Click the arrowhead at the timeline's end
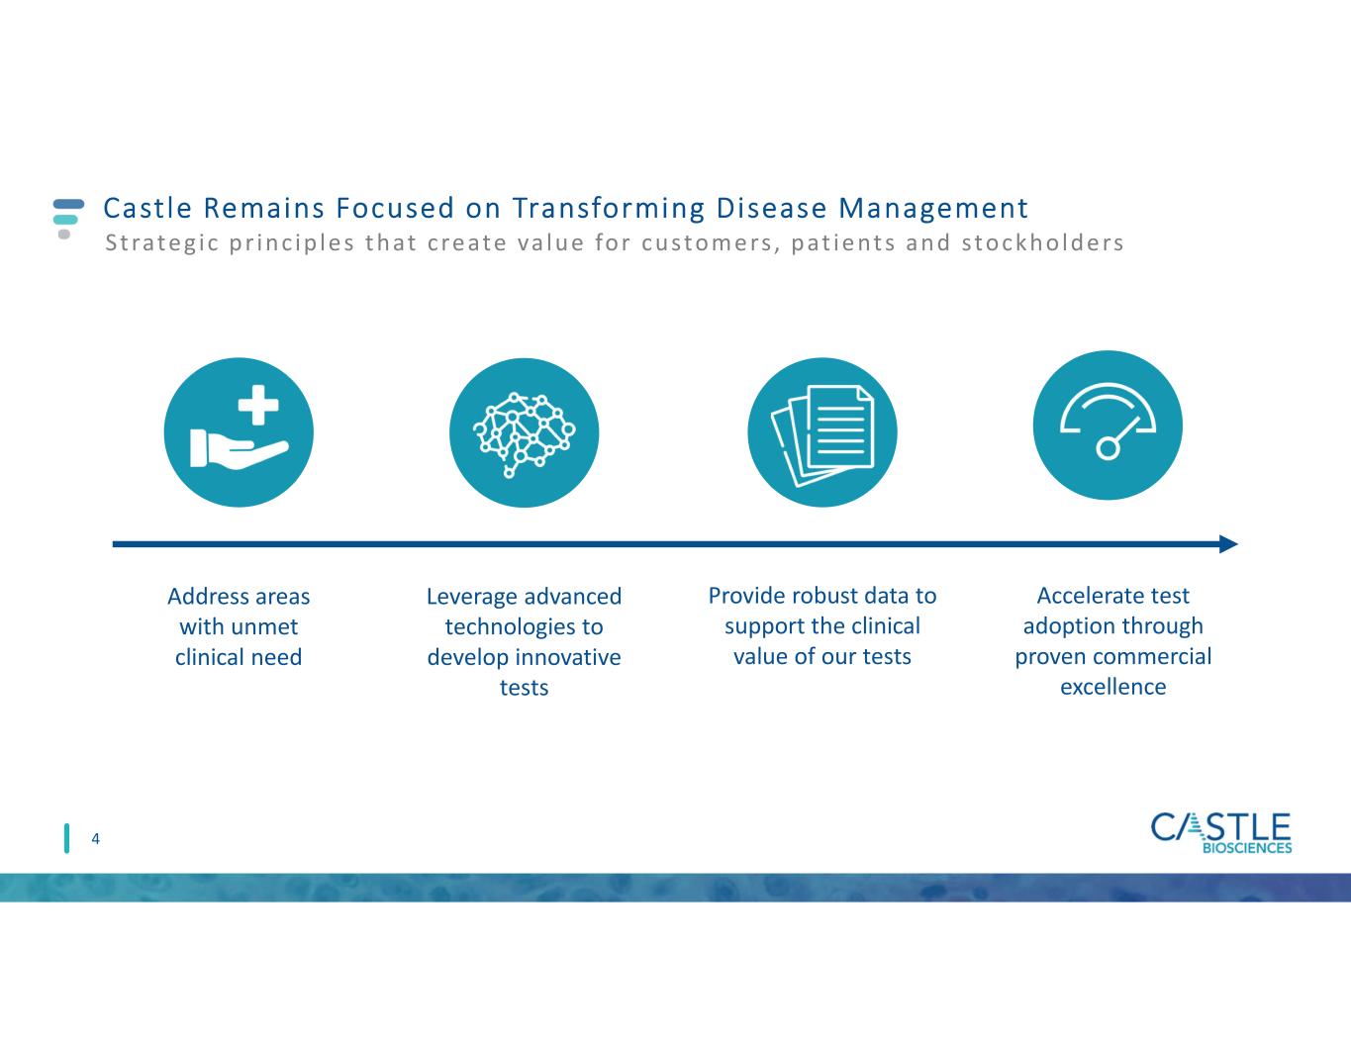[x=1228, y=543]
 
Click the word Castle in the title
[x=147, y=208]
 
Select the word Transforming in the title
[x=609, y=209]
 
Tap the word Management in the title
[x=933, y=209]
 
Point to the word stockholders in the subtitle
[x=1042, y=242]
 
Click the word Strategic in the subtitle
[x=161, y=243]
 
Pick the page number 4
[x=95, y=839]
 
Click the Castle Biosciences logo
[x=1221, y=832]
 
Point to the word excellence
[x=1112, y=687]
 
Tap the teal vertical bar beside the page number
[x=66, y=838]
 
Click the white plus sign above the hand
[x=258, y=405]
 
